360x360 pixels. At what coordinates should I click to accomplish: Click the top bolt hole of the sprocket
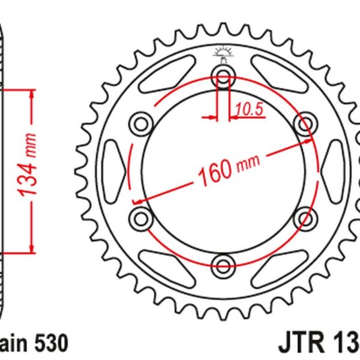(x=223, y=76)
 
